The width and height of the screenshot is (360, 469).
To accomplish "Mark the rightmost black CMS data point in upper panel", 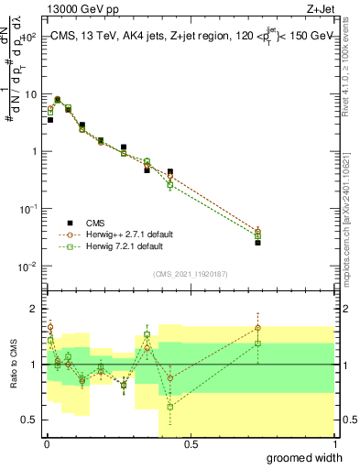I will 258,243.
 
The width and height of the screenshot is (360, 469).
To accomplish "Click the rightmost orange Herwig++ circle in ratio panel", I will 258,327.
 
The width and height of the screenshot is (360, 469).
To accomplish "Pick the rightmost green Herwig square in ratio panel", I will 258,344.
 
